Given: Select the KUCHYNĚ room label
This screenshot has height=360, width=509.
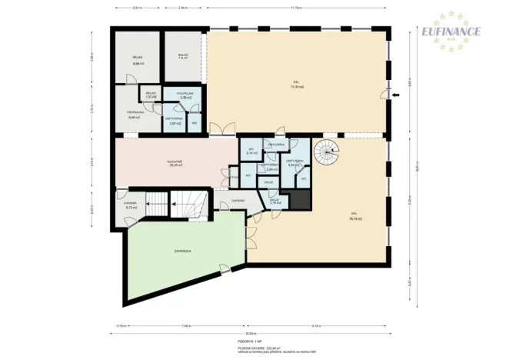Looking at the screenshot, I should pyautogui.click(x=175, y=163).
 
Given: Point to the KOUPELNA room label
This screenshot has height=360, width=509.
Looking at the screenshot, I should pyautogui.click(x=185, y=96).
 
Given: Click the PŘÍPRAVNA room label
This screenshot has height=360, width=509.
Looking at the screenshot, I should pyautogui.click(x=134, y=116).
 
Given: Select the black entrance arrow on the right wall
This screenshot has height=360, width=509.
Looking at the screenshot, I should pyautogui.click(x=395, y=95).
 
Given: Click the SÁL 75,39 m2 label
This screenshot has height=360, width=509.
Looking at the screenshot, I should pyautogui.click(x=296, y=85).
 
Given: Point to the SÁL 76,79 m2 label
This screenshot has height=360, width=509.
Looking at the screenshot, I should pyautogui.click(x=355, y=217).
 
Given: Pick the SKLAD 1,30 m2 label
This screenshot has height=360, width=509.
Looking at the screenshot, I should pyautogui.click(x=151, y=95).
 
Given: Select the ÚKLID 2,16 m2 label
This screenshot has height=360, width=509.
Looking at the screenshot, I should pyautogui.click(x=275, y=201).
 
